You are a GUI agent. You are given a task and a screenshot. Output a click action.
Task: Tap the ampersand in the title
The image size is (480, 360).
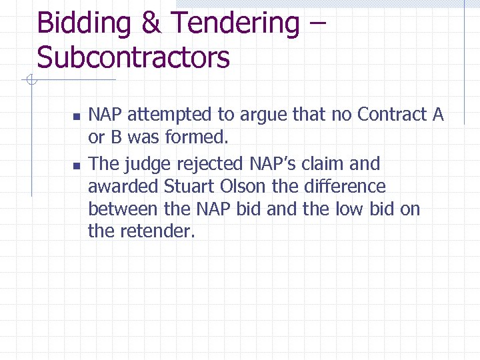pos(151,24)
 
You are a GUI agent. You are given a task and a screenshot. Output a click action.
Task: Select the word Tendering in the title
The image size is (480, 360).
pos(235,24)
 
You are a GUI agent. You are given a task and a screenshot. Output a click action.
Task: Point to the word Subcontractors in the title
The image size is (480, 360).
pos(133,58)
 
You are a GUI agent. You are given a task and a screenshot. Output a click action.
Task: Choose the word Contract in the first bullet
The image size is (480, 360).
pos(393,115)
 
